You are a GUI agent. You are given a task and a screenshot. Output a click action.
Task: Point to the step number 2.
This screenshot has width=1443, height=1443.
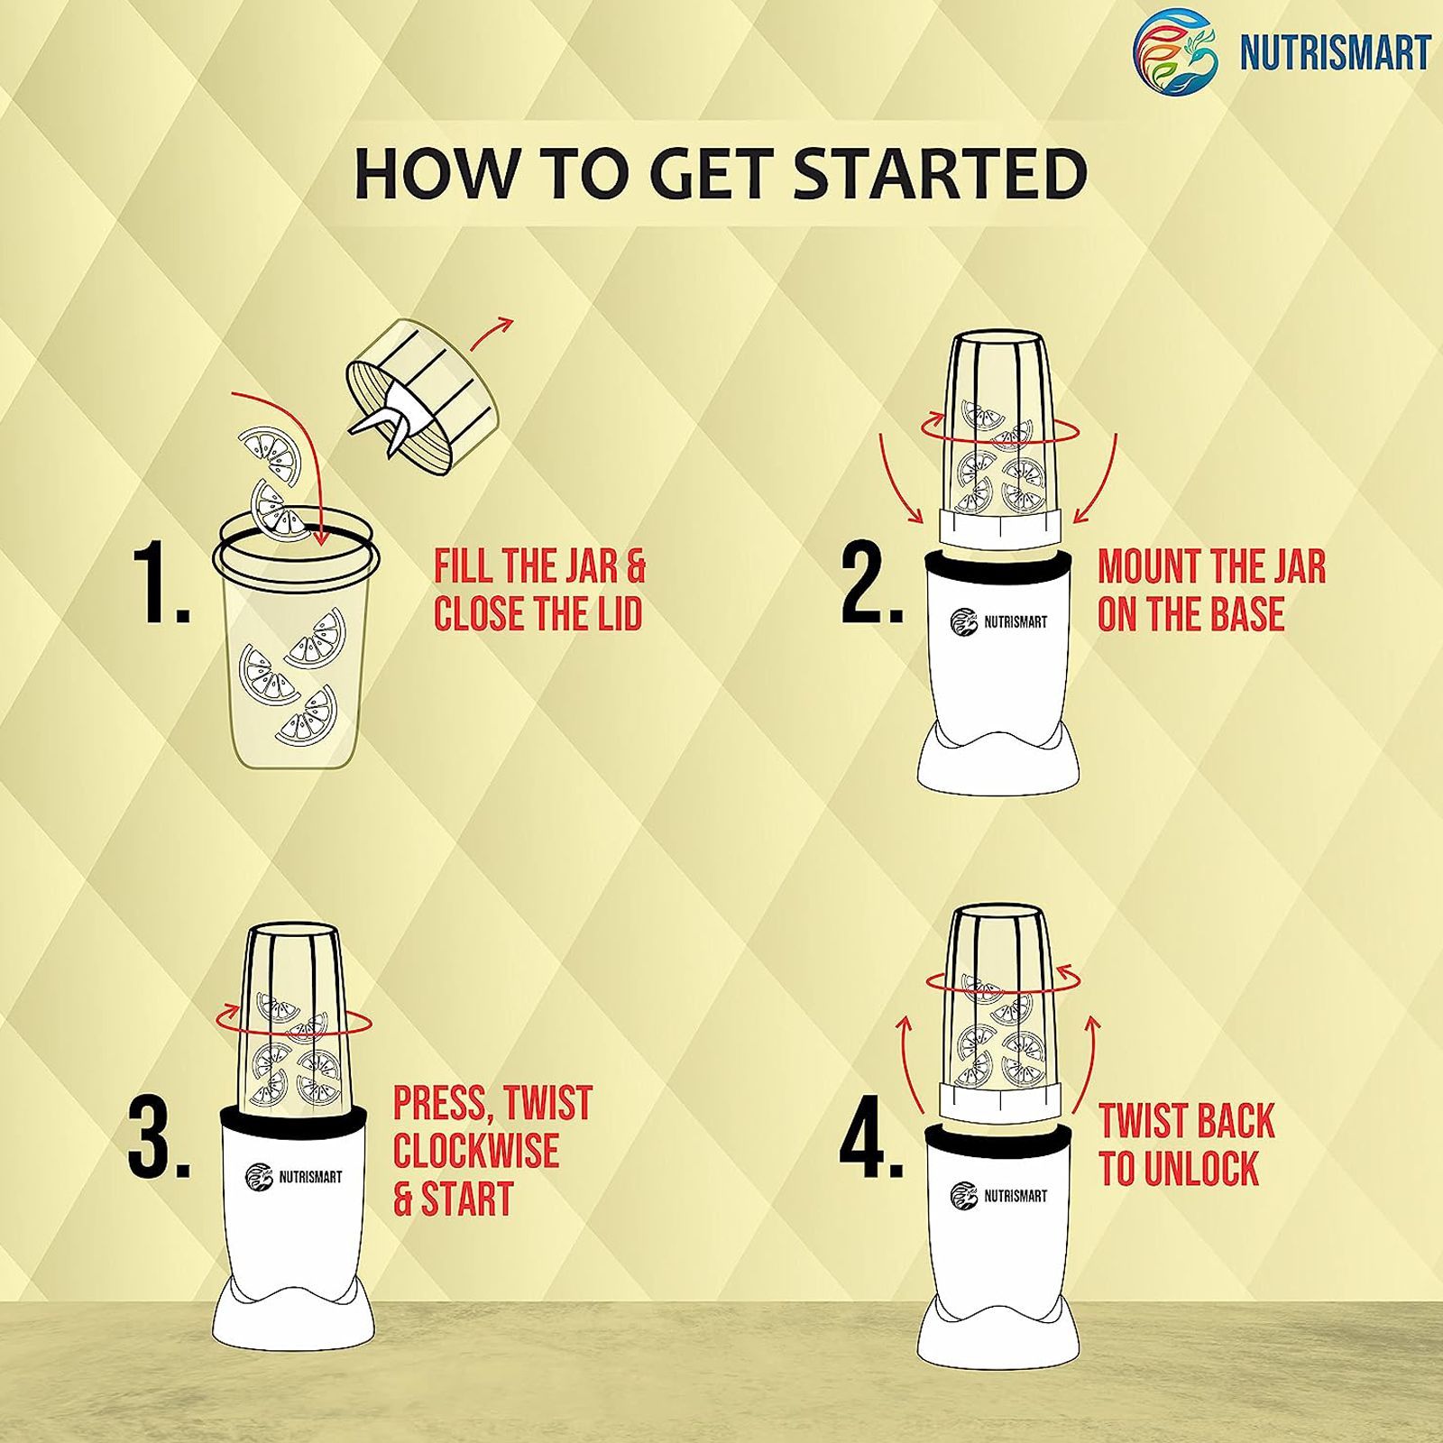click(872, 584)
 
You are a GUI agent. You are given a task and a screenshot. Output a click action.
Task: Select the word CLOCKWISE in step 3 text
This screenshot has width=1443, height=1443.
click(475, 1151)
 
